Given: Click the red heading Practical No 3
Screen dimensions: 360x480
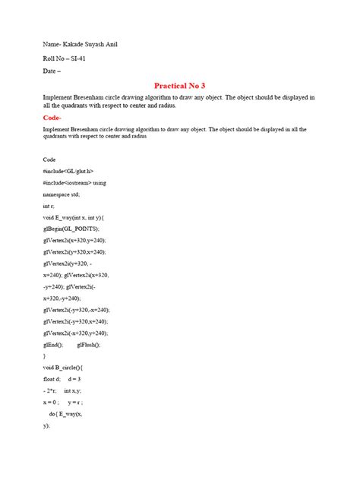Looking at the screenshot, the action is tap(180, 86).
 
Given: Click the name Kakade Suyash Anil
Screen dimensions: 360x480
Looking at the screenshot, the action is tap(91, 44).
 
